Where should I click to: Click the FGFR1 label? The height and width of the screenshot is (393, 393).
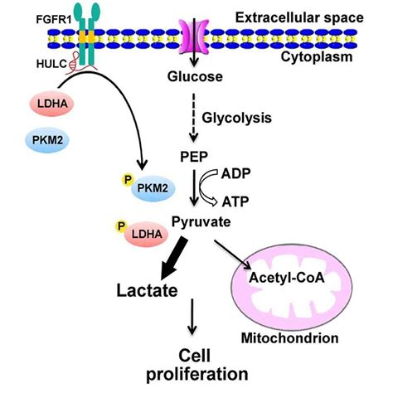pos(54,20)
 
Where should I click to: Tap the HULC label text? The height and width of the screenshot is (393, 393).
pos(51,64)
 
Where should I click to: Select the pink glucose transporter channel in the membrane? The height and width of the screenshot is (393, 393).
pos(194,36)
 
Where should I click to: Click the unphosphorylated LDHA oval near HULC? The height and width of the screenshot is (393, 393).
pos(52,104)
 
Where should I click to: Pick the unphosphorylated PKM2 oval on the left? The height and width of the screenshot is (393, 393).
pos(47,140)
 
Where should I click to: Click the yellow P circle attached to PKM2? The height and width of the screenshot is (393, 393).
pos(128,180)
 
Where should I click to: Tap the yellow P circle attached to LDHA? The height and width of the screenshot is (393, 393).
pos(121,226)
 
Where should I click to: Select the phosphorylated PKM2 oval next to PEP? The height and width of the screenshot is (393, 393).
pos(153,188)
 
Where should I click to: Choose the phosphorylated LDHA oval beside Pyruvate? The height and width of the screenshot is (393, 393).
pos(147,235)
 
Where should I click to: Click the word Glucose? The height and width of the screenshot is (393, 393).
pos(195,76)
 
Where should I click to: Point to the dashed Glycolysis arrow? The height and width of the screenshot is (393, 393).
pos(194,117)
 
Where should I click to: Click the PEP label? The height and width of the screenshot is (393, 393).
pos(194,157)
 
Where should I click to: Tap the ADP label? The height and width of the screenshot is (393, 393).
pos(235,174)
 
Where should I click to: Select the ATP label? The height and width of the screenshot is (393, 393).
pos(235,201)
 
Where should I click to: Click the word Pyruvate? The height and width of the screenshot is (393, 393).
pos(201,222)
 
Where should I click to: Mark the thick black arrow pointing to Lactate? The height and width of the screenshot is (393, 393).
pos(173,258)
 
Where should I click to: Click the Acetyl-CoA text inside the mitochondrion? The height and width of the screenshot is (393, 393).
pos(287,278)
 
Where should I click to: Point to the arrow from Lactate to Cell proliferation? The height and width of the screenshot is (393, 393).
pos(192,317)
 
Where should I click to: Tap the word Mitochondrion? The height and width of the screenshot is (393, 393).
pos(290,338)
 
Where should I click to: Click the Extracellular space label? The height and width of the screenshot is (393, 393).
pos(299,18)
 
